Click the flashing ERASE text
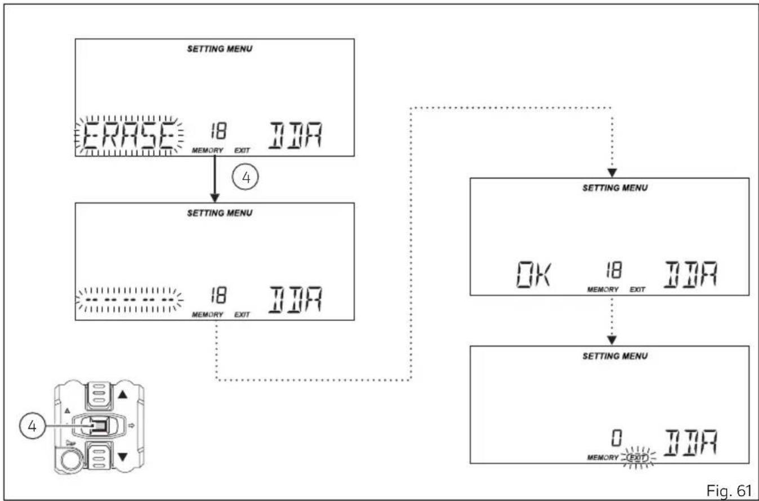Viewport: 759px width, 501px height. [x=129, y=136]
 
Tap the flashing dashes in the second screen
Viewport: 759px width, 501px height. [x=129, y=300]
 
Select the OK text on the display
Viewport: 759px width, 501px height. [x=534, y=274]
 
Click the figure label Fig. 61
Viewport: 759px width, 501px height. [x=729, y=490]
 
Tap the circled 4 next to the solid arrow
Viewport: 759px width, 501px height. [x=245, y=177]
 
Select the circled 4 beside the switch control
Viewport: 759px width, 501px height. [x=32, y=426]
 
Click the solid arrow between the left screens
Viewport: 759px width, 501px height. [x=215, y=179]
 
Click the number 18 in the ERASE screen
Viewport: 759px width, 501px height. [x=218, y=131]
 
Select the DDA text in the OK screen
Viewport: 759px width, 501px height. [x=690, y=274]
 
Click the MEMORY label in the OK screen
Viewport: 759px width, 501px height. [x=602, y=290]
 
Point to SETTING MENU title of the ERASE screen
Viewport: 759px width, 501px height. [x=220, y=49]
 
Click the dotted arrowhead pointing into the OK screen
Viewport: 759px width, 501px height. [x=611, y=173]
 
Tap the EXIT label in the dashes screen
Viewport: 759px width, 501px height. [x=242, y=315]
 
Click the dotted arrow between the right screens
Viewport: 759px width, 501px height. [x=611, y=320]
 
